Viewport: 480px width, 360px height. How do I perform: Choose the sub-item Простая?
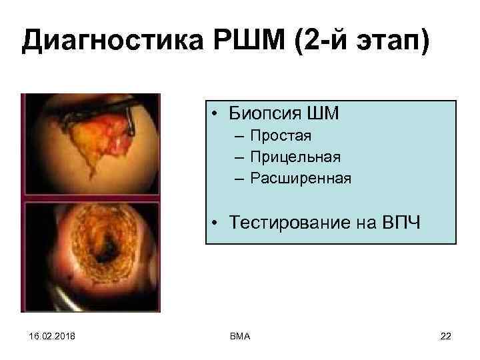click(x=281, y=137)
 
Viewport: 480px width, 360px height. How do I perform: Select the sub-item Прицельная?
click(x=295, y=157)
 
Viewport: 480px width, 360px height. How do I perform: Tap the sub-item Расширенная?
click(x=301, y=178)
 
